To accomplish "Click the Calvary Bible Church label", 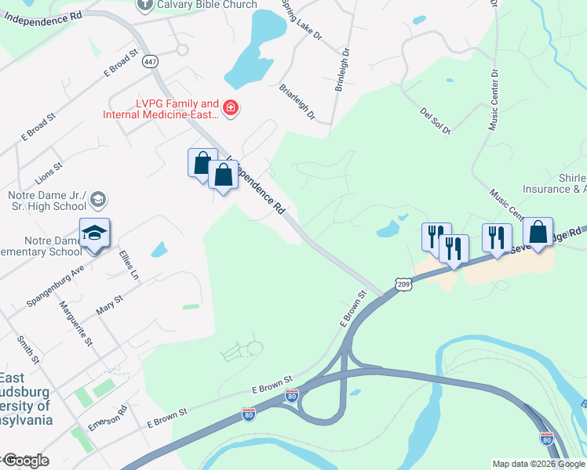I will [207, 5].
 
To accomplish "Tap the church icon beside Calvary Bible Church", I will [144, 5].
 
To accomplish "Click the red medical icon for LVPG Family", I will [231, 108].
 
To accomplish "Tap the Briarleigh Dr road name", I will [297, 103].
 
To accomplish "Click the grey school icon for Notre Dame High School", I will [98, 200].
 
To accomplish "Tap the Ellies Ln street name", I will [129, 265].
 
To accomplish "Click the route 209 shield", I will [403, 284].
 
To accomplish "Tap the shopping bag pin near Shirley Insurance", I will [538, 233].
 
